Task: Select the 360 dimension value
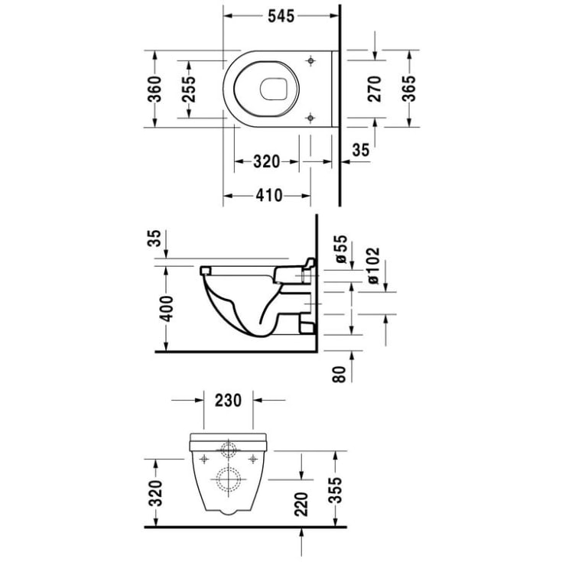pos(155,89)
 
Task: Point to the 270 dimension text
pos(375,89)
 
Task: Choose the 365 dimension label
pos(409,89)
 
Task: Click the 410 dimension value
pos(267,196)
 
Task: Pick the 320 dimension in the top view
pos(267,161)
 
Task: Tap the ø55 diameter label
pos(342,251)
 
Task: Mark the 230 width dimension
pos(229,399)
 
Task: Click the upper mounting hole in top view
pos(310,60)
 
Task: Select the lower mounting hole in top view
pos(310,117)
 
